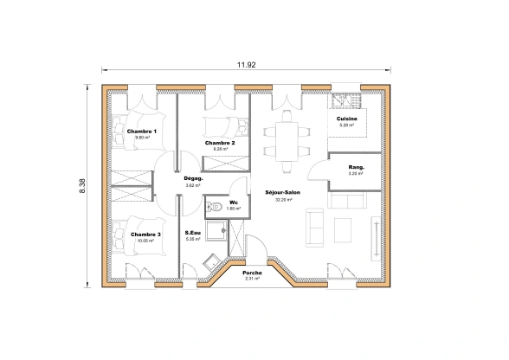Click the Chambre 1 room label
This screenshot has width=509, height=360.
coord(141,131)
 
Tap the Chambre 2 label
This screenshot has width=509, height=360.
coord(220,142)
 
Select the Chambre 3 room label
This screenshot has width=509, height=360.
coord(145,234)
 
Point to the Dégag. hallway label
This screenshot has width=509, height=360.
coord(193,178)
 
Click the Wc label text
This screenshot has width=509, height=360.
coord(233,202)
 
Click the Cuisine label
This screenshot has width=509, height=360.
coord(347,119)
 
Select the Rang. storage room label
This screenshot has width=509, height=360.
coord(356,166)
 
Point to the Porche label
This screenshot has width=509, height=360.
coord(253,272)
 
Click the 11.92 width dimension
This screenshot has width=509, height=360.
coord(247,65)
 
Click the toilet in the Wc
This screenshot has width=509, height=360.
coord(213,207)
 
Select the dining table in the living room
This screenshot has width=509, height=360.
coord(287,138)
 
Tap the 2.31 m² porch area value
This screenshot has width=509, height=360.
coord(253,279)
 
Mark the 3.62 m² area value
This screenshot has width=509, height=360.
coord(193,185)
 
